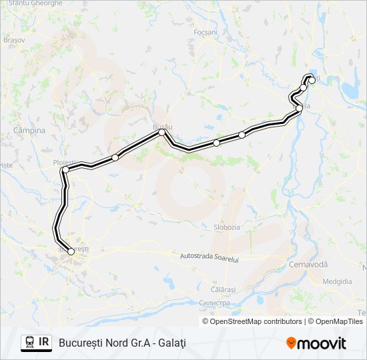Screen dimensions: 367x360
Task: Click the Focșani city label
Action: pyautogui.click(x=206, y=32)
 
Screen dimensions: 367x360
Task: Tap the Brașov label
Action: pyautogui.click(x=13, y=40)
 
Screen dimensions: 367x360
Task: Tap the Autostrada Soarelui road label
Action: pyautogui.click(x=210, y=257)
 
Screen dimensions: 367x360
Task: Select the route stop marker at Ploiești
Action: pyautogui.click(x=65, y=170)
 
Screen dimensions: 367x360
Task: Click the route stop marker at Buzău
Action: pyautogui.click(x=161, y=132)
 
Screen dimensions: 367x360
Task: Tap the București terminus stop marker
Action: pyautogui.click(x=71, y=251)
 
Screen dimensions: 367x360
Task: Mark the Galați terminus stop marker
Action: pyautogui.click(x=312, y=80)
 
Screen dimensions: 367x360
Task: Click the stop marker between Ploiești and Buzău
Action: pyautogui.click(x=115, y=157)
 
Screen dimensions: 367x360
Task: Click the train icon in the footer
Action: pyautogui.click(x=29, y=343)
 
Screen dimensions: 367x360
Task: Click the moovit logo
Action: pyautogui.click(x=316, y=343)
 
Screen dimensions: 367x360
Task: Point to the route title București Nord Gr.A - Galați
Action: pyautogui.click(x=122, y=343)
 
